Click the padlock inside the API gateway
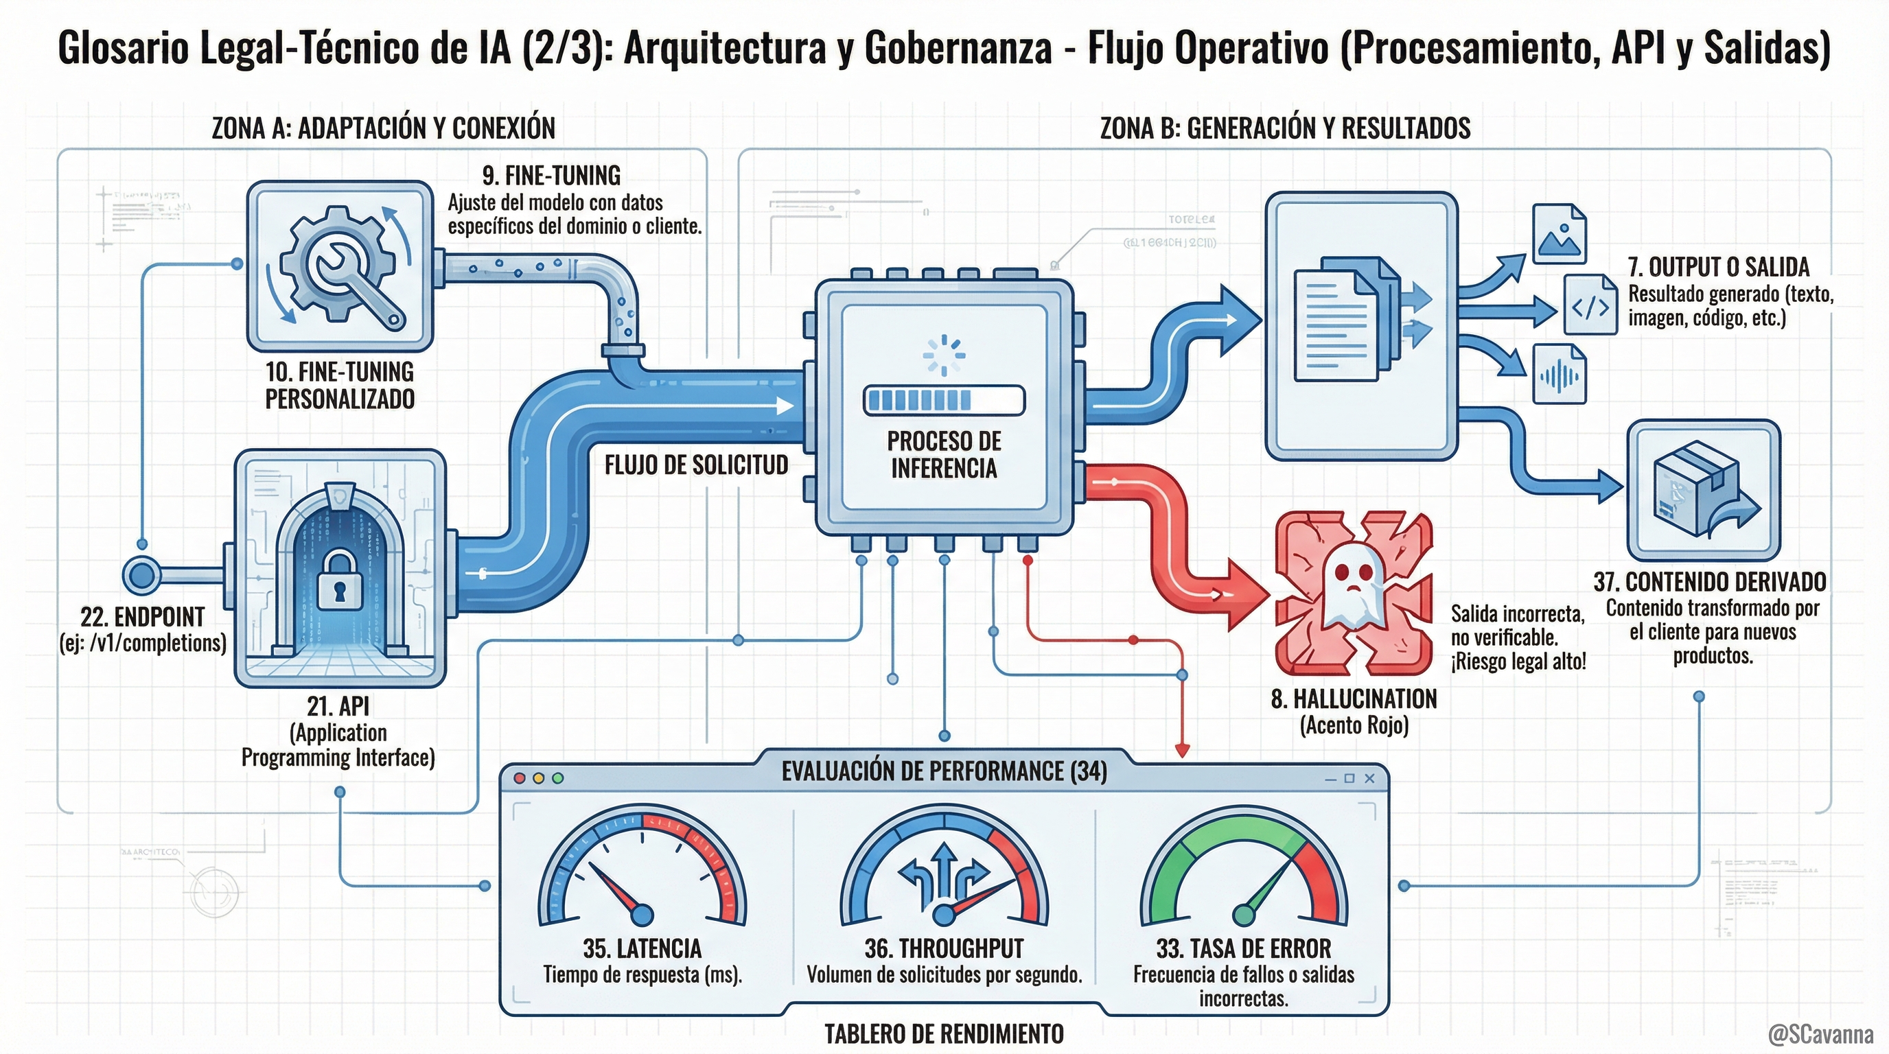point(340,583)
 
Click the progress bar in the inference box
point(944,400)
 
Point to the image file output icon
point(1559,234)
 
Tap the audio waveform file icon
point(1560,375)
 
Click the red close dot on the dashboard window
point(520,777)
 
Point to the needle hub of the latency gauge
point(642,914)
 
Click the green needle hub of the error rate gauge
point(1244,915)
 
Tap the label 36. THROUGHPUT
point(944,948)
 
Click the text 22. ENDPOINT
point(142,617)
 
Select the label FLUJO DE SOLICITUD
point(696,465)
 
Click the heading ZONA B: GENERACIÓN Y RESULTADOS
point(1285,128)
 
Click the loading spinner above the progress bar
point(944,355)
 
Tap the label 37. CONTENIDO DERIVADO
point(1709,582)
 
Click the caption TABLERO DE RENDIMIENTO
point(944,1034)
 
